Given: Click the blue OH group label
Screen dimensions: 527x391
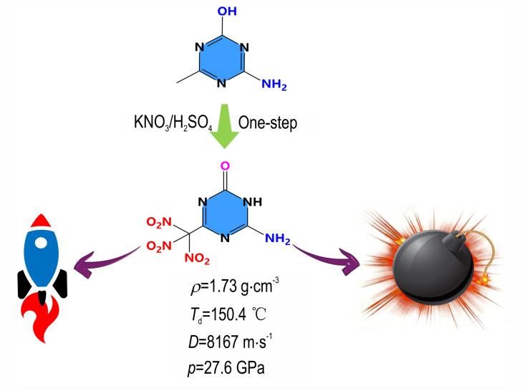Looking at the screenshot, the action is pyautogui.click(x=227, y=11).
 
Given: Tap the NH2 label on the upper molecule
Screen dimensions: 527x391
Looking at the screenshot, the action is pyautogui.click(x=274, y=85).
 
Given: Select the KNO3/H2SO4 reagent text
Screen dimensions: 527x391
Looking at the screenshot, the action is pyautogui.click(x=173, y=122).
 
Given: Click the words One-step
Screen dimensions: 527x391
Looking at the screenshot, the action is pyautogui.click(x=268, y=123).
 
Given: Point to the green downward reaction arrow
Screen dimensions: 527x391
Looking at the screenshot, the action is pyautogui.click(x=224, y=126).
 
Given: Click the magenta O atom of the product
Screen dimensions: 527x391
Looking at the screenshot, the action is pyautogui.click(x=225, y=165).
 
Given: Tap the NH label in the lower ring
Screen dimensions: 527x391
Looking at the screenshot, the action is pyautogui.click(x=252, y=202).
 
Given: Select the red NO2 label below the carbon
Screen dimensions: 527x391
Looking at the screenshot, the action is pyautogui.click(x=197, y=259).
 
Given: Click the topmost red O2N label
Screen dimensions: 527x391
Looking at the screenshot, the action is pyautogui.click(x=159, y=222).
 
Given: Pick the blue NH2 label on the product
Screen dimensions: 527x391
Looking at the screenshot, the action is pyautogui.click(x=278, y=238).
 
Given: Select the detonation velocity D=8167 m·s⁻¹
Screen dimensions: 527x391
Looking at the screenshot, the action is pyautogui.click(x=231, y=342).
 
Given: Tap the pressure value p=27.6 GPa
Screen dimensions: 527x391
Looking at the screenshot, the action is pyautogui.click(x=226, y=368).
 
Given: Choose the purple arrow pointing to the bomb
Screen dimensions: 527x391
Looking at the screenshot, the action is pyautogui.click(x=325, y=257).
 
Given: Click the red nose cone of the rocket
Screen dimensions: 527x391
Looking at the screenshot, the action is pyautogui.click(x=40, y=221).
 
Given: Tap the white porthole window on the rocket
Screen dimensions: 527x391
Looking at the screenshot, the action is pyautogui.click(x=41, y=242).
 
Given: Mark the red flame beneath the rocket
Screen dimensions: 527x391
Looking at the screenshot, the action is pyautogui.click(x=39, y=319).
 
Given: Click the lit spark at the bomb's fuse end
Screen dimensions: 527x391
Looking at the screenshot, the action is pyautogui.click(x=484, y=279).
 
